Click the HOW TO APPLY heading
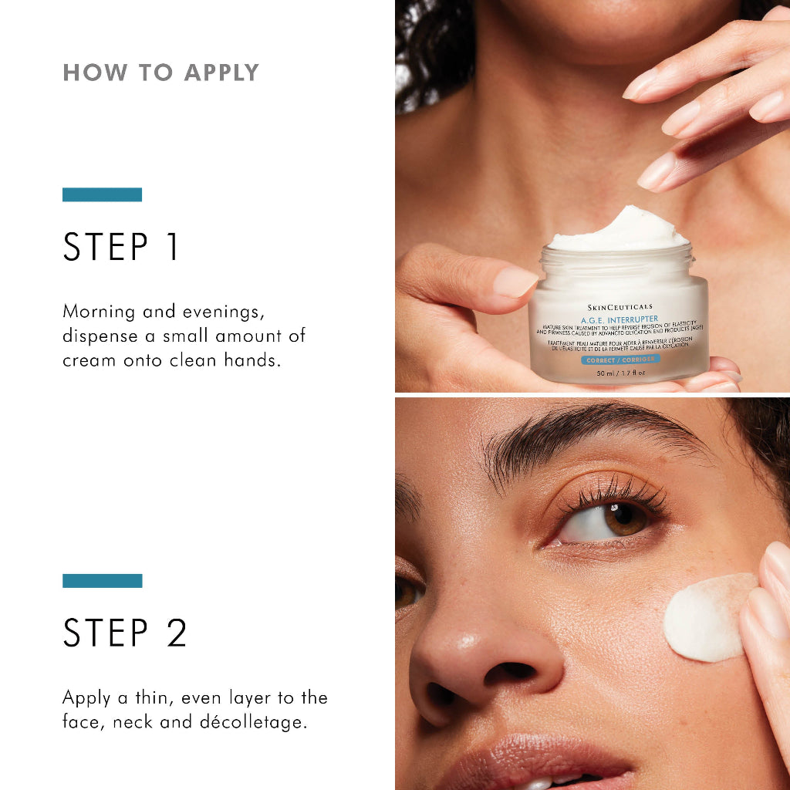(x=160, y=73)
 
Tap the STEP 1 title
(x=121, y=247)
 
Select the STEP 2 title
(x=125, y=633)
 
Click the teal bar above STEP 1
(x=102, y=194)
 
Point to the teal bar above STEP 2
(x=102, y=580)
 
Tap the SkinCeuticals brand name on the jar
(x=619, y=306)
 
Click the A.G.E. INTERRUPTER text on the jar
(x=620, y=318)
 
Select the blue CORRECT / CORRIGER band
(x=619, y=360)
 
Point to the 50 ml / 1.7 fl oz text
(x=620, y=373)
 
